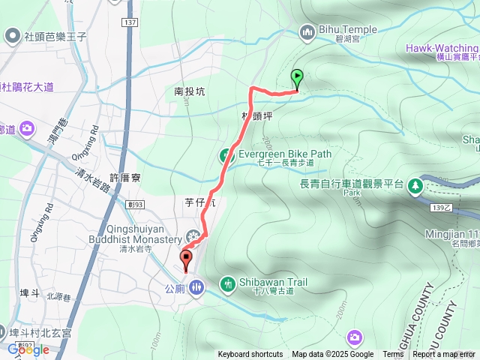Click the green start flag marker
tap(297, 76)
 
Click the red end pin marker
tap(186, 260)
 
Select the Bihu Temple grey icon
tap(306, 31)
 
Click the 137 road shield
tap(131, 22)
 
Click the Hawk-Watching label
tap(442, 48)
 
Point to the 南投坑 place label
tap(189, 91)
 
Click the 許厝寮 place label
tap(125, 178)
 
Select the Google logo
tap(28, 349)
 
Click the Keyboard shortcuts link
tap(250, 355)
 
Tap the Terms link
tap(393, 355)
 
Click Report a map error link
tap(444, 355)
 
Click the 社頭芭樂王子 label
tap(58, 34)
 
